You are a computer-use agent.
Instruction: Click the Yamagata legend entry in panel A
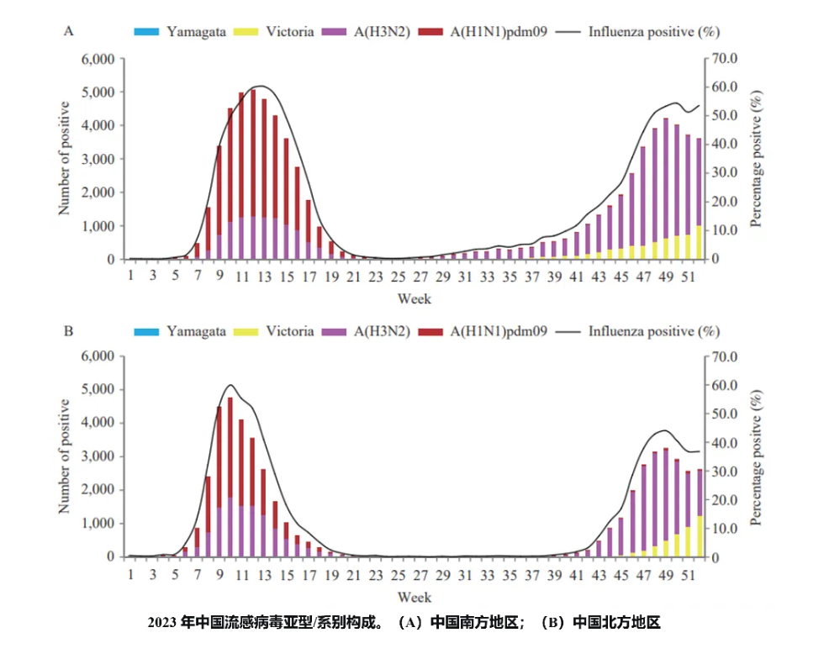[180, 32]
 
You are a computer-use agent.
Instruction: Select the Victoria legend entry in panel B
[274, 331]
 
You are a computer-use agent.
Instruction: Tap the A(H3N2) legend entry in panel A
[366, 32]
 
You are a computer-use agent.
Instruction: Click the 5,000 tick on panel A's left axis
[98, 92]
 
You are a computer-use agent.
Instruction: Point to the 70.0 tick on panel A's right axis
[724, 58]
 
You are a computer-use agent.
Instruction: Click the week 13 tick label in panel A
[264, 277]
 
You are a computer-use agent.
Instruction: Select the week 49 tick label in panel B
[666, 575]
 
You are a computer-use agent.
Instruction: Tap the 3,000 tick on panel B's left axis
[98, 456]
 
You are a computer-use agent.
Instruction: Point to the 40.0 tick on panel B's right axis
[724, 443]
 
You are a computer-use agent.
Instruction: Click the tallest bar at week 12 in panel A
[253, 175]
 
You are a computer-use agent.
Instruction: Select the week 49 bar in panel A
[666, 189]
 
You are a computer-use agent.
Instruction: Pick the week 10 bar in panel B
[230, 477]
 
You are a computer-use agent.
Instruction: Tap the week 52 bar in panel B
[700, 513]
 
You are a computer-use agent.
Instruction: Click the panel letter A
[69, 31]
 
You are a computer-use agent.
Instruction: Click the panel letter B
[69, 331]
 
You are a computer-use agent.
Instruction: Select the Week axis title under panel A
[414, 298]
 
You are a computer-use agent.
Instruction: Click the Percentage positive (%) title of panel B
[756, 458]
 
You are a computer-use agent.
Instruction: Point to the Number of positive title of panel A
[64, 159]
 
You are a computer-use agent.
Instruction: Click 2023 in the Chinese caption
[161, 623]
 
